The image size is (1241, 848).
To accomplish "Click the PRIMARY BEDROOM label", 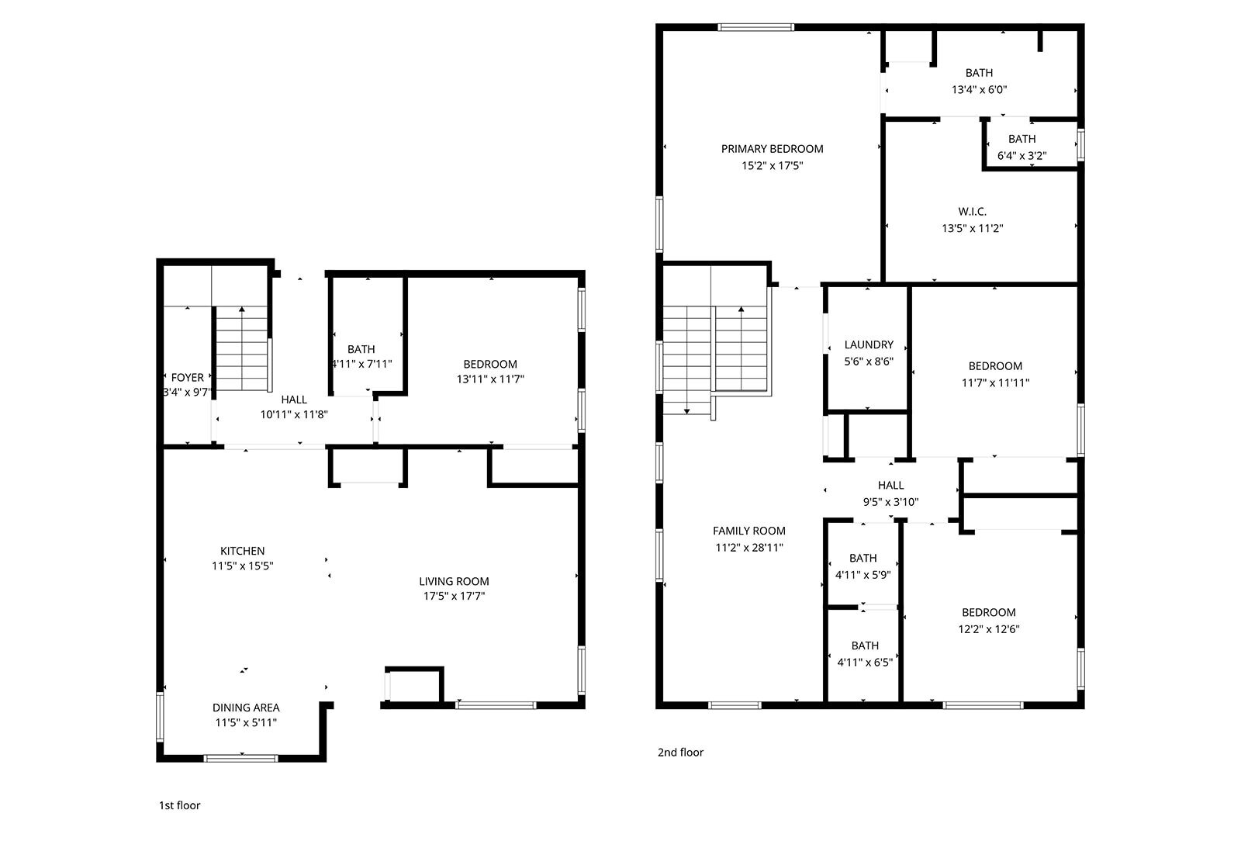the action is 772,149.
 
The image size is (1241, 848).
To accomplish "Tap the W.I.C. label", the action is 973,212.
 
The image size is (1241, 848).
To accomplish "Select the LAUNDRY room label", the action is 869,344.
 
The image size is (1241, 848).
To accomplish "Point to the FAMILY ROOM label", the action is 749,531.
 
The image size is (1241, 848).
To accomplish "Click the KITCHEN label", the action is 243,551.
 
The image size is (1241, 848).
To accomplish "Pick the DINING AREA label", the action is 246,708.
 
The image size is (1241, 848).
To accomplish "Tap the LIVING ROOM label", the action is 454,581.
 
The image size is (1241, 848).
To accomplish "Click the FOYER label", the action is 187,377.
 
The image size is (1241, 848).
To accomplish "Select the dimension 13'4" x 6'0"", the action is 979,89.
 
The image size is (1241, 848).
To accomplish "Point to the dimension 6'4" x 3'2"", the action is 1021,156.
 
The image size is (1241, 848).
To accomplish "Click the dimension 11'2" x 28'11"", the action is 749,548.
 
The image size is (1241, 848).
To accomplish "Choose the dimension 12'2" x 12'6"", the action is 989,629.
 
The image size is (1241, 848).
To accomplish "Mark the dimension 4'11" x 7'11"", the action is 361,364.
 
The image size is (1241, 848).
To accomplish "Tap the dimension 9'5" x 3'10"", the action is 891,502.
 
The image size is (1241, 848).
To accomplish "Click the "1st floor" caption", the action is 179,805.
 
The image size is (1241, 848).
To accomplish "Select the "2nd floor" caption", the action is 680,752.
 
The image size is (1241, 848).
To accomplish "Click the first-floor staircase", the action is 242,349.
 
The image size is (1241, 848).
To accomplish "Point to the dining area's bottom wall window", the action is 240,758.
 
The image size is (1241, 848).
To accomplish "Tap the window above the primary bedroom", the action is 755,27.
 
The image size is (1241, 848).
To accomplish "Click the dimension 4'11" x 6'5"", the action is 865,663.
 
